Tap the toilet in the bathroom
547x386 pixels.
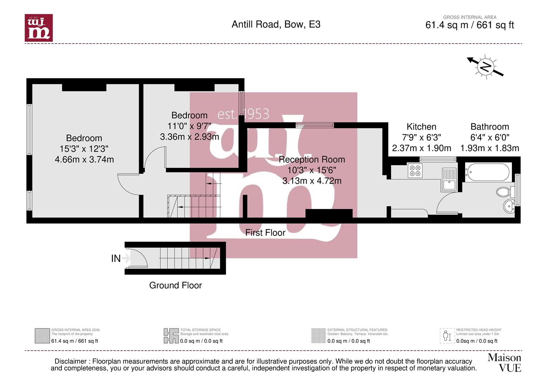click(504, 192)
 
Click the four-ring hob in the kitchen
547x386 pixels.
click(415, 170)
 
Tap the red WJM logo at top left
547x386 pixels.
click(39, 28)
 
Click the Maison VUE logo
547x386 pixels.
click(504, 362)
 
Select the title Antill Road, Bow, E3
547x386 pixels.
click(276, 24)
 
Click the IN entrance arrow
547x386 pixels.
click(121, 258)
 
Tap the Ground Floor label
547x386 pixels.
click(175, 285)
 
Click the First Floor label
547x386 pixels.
click(265, 233)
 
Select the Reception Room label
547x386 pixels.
click(312, 159)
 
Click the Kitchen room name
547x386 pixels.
click(421, 127)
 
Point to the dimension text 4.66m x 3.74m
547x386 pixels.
click(84, 159)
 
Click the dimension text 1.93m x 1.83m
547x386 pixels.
click(489, 148)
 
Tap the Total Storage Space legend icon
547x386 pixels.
click(171, 336)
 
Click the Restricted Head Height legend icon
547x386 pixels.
click(447, 336)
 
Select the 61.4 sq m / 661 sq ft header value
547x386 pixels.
click(469, 25)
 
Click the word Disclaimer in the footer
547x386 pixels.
click(70, 361)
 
